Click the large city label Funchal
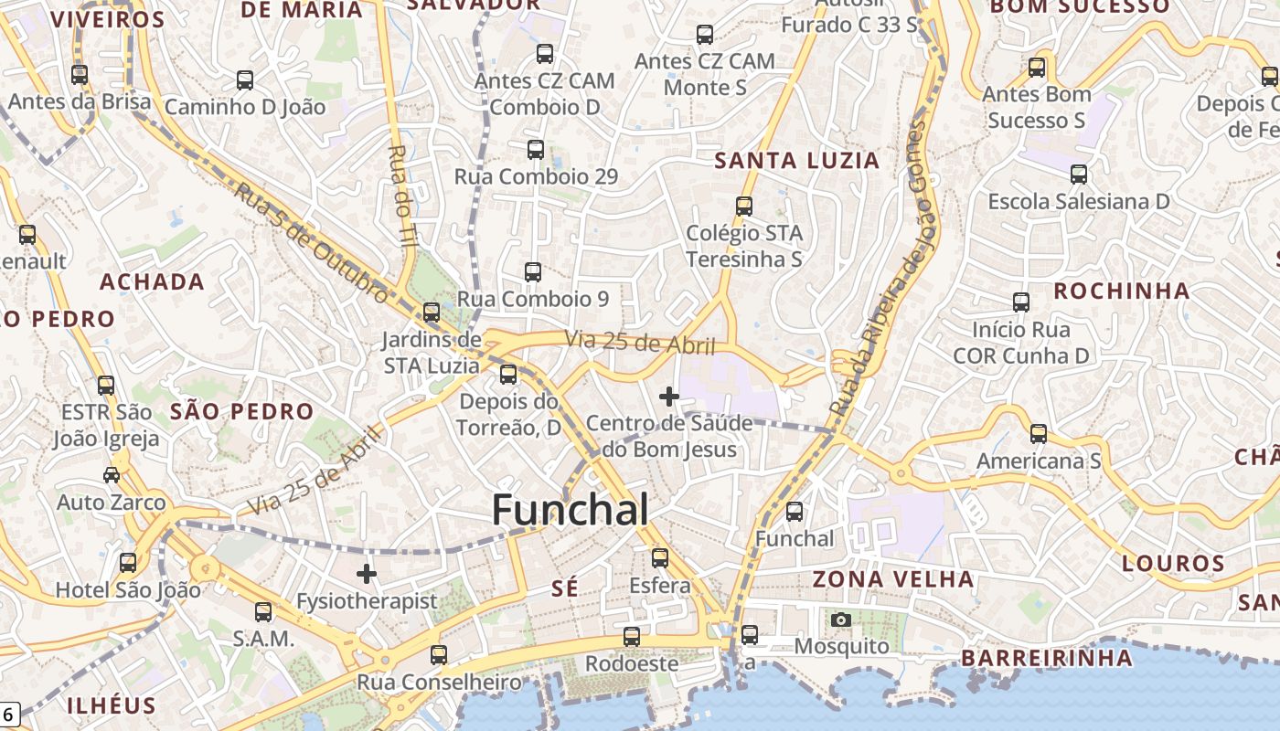tap(571, 509)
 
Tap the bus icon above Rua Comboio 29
tap(536, 150)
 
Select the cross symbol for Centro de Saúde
tap(669, 397)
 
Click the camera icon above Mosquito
tap(841, 620)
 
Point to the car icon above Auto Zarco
tap(112, 475)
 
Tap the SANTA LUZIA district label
tap(796, 161)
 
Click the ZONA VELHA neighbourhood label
tap(893, 579)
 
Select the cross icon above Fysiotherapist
tap(367, 574)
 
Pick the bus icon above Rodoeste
tap(631, 637)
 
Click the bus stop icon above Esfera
tap(660, 557)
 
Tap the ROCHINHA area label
tap(1122, 291)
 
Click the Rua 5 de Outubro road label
tap(311, 242)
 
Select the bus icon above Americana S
tap(1039, 433)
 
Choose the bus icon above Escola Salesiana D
tap(1079, 174)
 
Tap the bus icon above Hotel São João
tap(128, 563)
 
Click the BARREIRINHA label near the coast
tap(1047, 658)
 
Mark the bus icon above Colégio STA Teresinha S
tap(744, 207)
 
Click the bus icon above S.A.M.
tap(263, 611)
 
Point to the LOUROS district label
tap(1172, 564)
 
